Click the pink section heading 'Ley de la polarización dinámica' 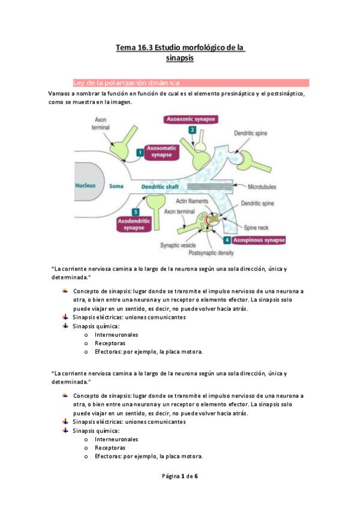126,83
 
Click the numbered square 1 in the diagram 139,153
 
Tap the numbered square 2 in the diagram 192,130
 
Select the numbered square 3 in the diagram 137,212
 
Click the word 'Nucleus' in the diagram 85,185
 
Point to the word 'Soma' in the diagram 116,186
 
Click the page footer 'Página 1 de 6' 180,476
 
